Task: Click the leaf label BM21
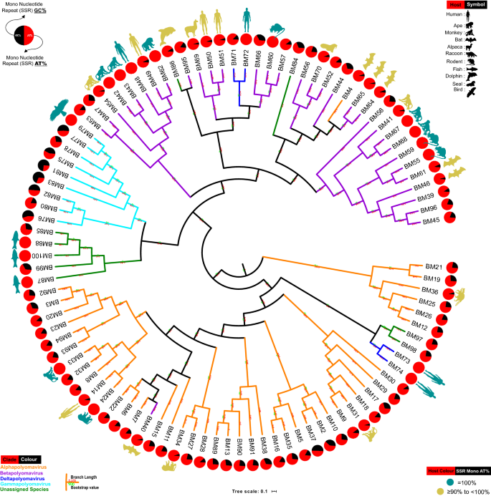431,266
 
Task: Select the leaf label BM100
44,256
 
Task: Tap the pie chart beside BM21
454,267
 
